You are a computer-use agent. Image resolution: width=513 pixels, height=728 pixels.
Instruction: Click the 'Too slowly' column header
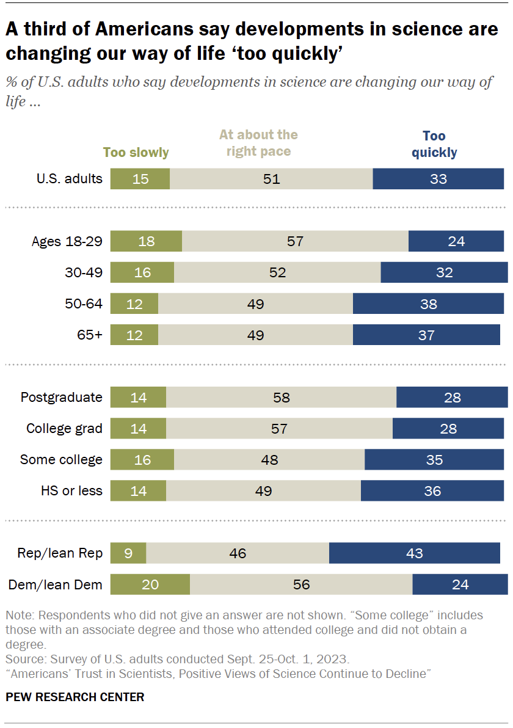click(x=136, y=153)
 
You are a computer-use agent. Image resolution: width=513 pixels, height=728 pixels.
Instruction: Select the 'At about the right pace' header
click(x=258, y=143)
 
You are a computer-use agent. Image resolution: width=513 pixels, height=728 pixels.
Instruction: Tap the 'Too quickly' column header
click(x=434, y=144)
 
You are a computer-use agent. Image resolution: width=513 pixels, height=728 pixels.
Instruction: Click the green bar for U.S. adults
click(x=140, y=179)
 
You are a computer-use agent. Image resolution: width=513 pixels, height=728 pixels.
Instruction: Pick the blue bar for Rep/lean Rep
click(x=414, y=553)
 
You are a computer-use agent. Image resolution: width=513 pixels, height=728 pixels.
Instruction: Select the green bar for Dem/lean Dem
click(x=150, y=584)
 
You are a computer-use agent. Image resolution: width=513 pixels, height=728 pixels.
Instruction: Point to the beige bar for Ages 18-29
click(x=295, y=241)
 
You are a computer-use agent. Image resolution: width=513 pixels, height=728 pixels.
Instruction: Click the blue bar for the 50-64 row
click(x=428, y=304)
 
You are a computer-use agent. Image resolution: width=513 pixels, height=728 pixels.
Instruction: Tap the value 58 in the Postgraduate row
click(x=281, y=398)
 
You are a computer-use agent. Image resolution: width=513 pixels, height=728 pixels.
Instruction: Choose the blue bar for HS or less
click(x=432, y=490)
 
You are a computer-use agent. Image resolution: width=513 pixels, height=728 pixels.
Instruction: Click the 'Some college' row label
click(x=61, y=459)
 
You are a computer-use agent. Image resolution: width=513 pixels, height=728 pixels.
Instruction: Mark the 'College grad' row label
click(x=64, y=429)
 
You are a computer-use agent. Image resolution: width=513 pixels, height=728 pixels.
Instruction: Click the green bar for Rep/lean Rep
click(x=128, y=553)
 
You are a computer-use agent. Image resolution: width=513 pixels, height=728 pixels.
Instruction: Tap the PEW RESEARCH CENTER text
click(x=75, y=697)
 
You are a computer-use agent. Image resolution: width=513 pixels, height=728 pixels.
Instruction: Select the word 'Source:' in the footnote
click(x=23, y=660)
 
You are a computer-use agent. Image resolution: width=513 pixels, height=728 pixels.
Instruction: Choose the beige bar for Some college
click(x=269, y=460)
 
